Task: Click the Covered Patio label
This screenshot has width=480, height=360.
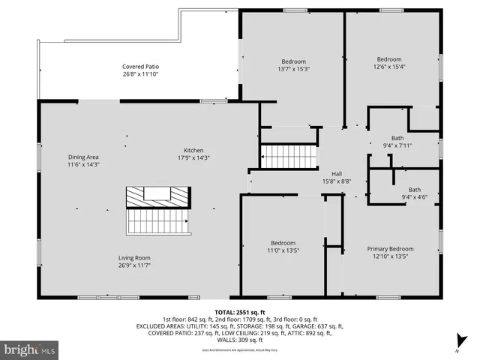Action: (x=141, y=67)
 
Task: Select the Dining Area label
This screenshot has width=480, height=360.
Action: (x=83, y=157)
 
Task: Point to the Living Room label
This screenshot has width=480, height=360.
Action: (x=134, y=258)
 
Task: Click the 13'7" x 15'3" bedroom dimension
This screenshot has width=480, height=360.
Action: (x=293, y=69)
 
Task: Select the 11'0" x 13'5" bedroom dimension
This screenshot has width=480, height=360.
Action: (x=283, y=250)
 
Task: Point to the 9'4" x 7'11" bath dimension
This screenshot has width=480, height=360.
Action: (x=397, y=145)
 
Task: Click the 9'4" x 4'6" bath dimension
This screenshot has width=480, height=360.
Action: (x=414, y=198)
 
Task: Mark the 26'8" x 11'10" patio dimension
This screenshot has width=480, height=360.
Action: (x=141, y=74)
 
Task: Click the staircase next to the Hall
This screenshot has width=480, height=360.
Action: (x=289, y=157)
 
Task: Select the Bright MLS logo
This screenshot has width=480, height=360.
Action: (x=30, y=349)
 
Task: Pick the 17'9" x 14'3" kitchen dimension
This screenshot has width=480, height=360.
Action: (x=193, y=157)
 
